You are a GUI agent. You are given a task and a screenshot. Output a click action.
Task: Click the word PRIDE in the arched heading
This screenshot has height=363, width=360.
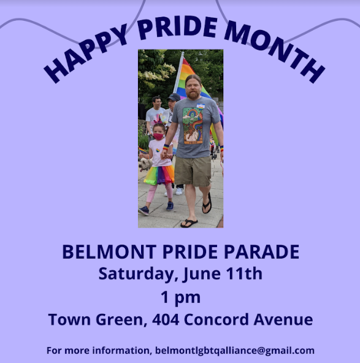coord(178,28)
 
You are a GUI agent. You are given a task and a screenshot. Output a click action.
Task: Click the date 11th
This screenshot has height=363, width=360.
coord(244,273)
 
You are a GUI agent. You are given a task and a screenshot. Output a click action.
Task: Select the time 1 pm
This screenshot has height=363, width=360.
coord(180,297)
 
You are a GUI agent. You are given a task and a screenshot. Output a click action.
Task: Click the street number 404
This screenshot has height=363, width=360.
coord(166,319)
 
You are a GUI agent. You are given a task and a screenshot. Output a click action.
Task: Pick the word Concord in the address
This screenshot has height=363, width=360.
coord(216,319)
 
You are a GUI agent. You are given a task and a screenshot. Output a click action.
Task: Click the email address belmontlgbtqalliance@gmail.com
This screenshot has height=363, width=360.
coord(234,351)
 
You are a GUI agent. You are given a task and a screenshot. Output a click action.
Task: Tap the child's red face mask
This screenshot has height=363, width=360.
coord(158,136)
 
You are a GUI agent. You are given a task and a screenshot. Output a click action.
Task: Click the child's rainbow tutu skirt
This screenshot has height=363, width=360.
coord(159,175)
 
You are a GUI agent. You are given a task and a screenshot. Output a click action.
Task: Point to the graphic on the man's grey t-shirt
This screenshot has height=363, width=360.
coord(193,126)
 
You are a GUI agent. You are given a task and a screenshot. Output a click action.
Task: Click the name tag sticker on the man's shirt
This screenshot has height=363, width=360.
coord(201,106)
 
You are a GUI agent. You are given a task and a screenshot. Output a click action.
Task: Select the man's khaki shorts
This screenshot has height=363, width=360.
coord(193,171)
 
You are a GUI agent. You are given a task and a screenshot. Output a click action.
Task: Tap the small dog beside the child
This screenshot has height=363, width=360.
coord(144,164)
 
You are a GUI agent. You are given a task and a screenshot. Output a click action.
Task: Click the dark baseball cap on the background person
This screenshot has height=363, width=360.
coord(174,97)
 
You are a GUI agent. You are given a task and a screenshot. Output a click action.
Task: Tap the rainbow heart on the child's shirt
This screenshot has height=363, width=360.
coord(158,150)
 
